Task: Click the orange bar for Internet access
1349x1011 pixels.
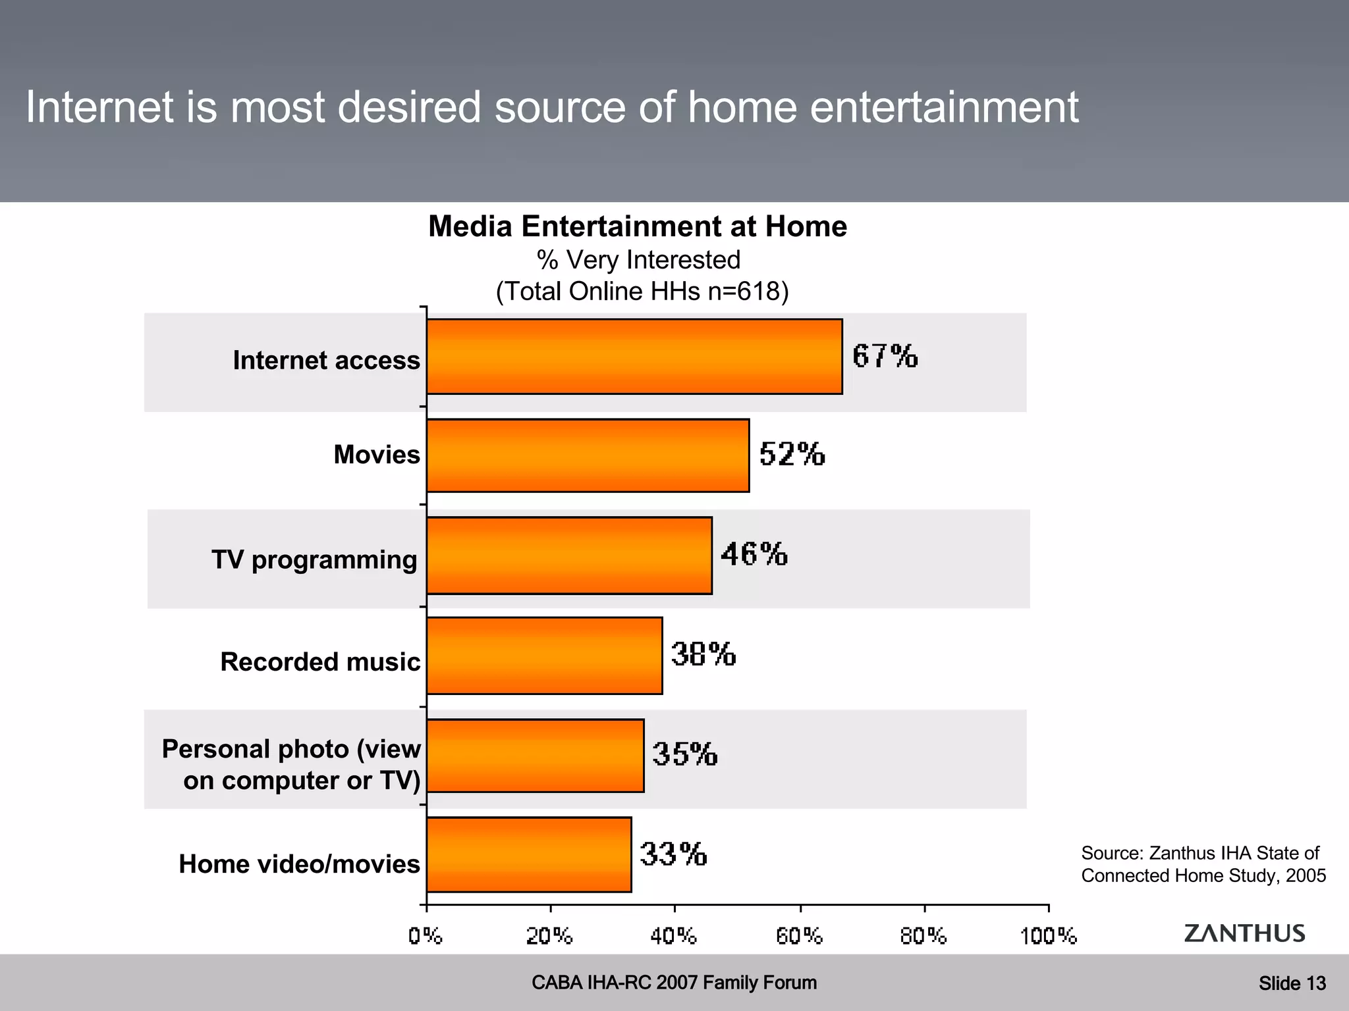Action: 634,356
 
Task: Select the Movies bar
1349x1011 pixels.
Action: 588,455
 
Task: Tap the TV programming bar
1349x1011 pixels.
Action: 569,555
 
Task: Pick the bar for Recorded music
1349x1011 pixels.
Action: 544,655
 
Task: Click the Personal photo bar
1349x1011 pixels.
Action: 535,755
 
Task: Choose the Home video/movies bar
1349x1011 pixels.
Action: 529,854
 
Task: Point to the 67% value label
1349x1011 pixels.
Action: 885,356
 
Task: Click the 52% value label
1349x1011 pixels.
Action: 792,454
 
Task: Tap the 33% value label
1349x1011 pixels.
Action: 673,854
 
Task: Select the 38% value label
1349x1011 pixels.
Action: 703,654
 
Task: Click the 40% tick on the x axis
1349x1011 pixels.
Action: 674,935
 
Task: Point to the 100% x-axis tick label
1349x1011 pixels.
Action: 1048,935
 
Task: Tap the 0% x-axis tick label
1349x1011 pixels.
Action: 426,935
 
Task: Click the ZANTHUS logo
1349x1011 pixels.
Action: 1244,933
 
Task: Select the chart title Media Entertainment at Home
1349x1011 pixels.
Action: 638,226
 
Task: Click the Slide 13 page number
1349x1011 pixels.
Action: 1292,983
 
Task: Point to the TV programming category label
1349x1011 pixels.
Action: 314,559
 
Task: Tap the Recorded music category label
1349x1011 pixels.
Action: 320,661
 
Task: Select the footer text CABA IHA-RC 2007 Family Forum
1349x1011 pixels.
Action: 674,983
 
